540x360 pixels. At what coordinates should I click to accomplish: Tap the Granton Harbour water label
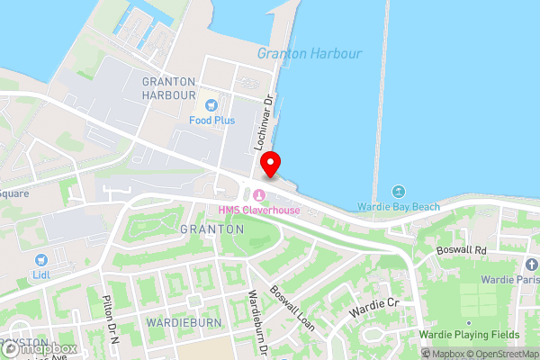[x=309, y=53]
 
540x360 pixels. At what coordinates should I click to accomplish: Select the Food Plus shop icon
[x=211, y=105]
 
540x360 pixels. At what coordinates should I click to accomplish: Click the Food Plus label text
[x=211, y=120]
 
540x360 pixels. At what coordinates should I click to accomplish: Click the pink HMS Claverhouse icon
[x=260, y=196]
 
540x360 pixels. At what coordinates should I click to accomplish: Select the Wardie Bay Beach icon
[x=399, y=192]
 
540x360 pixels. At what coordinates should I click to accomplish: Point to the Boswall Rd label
[x=461, y=249]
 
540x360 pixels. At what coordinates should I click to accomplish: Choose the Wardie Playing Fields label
[x=482, y=335]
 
